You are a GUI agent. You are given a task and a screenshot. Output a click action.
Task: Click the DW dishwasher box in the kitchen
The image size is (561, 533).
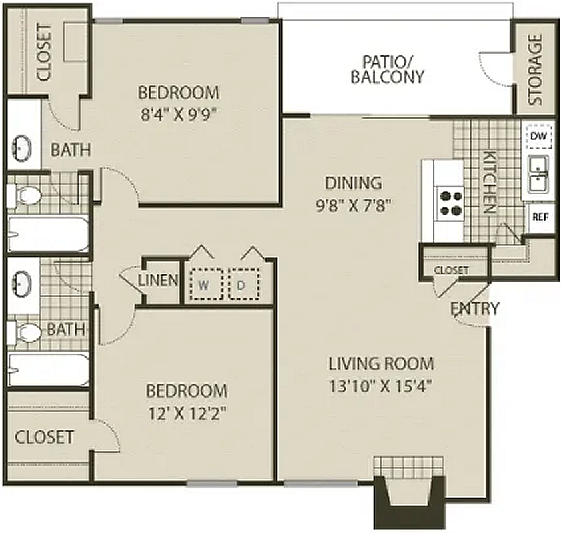[540, 136]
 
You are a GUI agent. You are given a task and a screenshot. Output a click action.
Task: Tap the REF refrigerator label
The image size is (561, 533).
[540, 217]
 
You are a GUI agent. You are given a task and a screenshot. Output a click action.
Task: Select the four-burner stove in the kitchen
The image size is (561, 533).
[449, 203]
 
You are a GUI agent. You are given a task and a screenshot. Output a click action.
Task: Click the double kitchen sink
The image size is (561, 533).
[538, 173]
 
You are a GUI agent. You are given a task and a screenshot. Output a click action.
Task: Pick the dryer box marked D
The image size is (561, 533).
[244, 284]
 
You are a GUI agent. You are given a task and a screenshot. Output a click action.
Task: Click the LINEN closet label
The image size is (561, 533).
[158, 280]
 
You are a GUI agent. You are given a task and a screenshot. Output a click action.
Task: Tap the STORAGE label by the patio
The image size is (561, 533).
[535, 69]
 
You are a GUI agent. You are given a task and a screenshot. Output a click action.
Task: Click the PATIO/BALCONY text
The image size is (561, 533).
[387, 69]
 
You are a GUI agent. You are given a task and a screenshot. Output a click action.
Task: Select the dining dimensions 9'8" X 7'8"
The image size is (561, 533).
[354, 206]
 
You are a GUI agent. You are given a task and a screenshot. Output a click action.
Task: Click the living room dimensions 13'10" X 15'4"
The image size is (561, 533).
[380, 386]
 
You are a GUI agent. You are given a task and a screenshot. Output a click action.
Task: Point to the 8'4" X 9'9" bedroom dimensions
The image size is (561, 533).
[179, 115]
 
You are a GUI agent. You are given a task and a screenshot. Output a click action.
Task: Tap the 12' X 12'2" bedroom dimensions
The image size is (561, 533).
[187, 414]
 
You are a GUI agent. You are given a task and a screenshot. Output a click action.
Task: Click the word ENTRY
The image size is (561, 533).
[474, 308]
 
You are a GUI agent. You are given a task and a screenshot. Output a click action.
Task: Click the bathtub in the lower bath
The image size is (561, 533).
[49, 370]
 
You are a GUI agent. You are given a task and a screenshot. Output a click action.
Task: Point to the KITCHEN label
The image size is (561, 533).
[490, 183]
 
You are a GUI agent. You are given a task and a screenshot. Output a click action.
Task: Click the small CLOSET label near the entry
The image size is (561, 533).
[451, 270]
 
